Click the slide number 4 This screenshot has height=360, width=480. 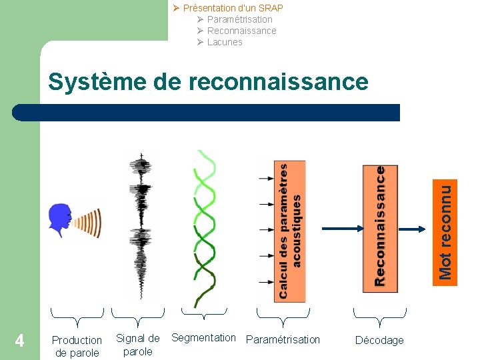tap(20, 341)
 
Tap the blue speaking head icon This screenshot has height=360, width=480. tap(60, 220)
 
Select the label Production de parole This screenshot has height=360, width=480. tap(77, 346)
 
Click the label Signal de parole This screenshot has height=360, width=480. tap(138, 345)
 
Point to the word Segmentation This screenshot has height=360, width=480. tap(203, 337)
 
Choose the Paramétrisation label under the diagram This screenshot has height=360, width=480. tap(283, 339)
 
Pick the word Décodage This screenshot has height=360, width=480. tap(379, 340)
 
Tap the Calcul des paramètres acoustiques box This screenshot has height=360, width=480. tap(290, 231)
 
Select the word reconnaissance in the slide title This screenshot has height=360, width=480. tap(279, 82)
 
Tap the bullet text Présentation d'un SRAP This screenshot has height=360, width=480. tap(233, 8)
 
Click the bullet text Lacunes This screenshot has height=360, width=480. tap(225, 42)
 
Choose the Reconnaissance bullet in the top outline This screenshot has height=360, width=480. tap(241, 31)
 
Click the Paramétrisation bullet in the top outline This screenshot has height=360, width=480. tap(239, 19)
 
